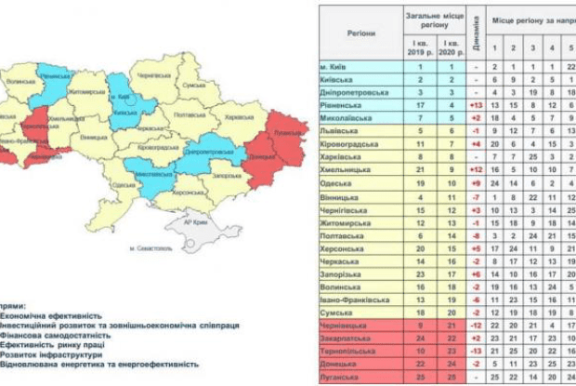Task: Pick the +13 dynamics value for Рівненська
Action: point(474,106)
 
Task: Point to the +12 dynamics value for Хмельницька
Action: point(474,172)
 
